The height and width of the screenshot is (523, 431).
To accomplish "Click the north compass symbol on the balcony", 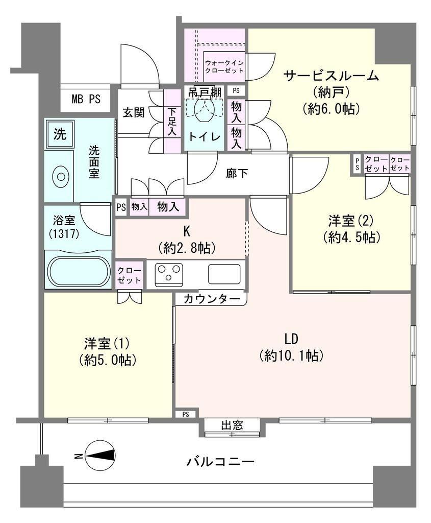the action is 100,456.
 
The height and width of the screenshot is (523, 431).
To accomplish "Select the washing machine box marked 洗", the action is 60,134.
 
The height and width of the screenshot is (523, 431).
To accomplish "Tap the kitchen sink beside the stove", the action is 224,274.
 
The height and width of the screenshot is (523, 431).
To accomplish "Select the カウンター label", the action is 212,299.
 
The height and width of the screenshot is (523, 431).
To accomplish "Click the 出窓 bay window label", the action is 232,425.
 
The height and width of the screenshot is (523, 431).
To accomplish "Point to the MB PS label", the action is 86,99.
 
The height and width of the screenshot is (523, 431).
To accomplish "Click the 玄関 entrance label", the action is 134,112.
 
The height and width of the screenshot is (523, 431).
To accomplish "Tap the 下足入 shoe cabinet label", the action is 172,122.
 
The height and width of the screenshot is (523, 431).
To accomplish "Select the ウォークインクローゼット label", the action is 224,66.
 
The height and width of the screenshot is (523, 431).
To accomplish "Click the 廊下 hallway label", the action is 237,174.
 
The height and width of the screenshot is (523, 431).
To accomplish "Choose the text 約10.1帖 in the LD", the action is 291,356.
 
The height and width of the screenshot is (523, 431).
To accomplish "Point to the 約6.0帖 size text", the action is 332,109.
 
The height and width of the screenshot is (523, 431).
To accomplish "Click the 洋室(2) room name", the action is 351,221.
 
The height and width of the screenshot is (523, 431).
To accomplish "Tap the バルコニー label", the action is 220,462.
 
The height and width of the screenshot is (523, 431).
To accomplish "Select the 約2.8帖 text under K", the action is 187,248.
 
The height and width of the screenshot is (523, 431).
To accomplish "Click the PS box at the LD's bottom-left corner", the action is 186,414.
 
